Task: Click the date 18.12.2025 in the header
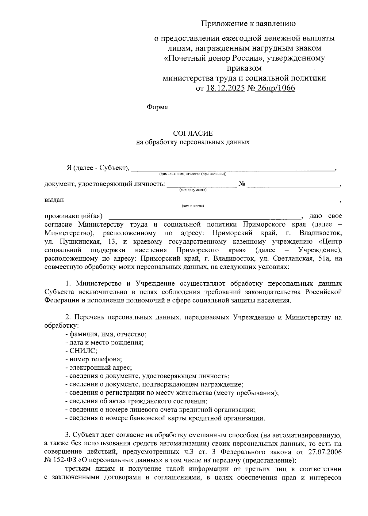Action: [225, 89]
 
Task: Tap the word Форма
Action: [157, 107]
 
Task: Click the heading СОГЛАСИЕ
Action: [193, 134]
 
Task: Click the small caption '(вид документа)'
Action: [193, 190]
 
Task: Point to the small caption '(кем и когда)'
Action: [193, 206]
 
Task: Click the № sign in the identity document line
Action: [242, 184]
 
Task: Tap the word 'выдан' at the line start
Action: [54, 200]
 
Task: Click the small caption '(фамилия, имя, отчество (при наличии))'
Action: [193, 174]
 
